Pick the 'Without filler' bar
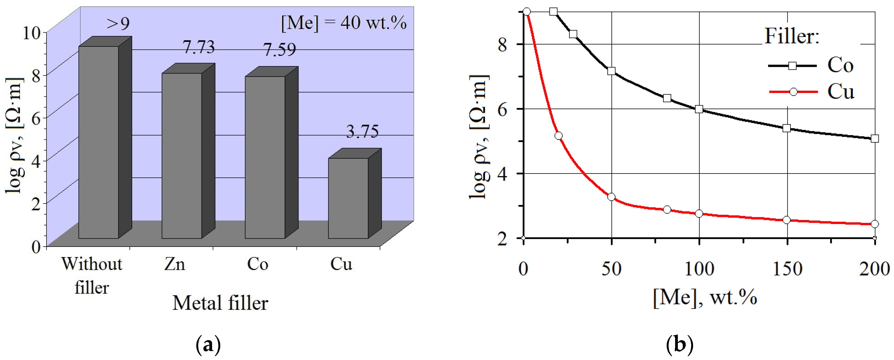tap(98, 142)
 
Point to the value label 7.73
tap(198, 47)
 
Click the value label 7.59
tap(280, 50)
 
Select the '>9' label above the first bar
tap(118, 24)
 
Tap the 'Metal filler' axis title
tap(221, 303)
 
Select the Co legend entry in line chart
tap(810, 65)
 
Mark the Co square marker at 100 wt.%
tap(699, 109)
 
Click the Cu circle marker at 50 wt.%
tap(611, 197)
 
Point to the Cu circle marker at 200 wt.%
tap(875, 224)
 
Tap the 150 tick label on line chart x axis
tap(787, 269)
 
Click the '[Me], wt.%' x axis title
tap(704, 298)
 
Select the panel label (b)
tap(679, 345)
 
